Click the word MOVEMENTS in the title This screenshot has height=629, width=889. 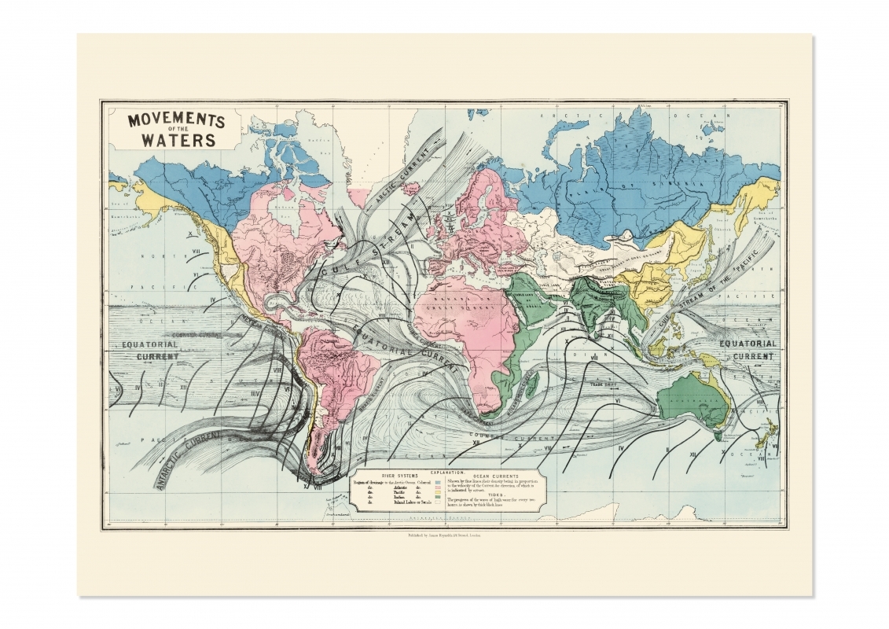(x=176, y=121)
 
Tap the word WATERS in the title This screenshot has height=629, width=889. (x=178, y=142)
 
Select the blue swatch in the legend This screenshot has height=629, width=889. (x=437, y=481)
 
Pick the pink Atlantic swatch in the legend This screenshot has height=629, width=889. (x=437, y=487)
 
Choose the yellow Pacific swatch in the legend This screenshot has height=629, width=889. (x=437, y=494)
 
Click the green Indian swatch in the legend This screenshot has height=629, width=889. (x=437, y=500)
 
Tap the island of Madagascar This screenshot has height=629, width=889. (x=534, y=384)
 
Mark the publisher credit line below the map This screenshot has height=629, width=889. (x=445, y=536)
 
